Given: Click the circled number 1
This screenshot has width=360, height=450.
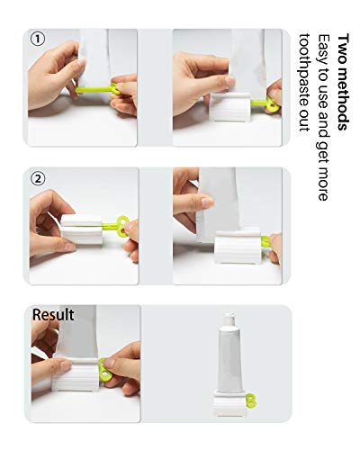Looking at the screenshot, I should [37, 39].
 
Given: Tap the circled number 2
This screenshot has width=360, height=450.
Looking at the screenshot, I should [37, 176].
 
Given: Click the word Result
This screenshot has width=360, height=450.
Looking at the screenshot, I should [53, 315].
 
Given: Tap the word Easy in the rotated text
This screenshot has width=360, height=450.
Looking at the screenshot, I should [328, 49].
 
